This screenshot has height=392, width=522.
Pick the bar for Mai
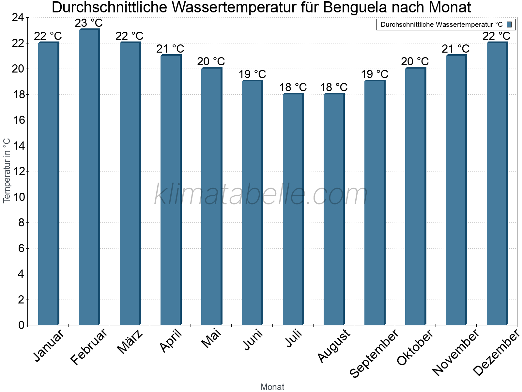click(x=211, y=196)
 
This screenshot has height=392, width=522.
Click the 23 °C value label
click(x=89, y=23)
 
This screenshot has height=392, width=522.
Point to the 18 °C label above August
click(x=334, y=87)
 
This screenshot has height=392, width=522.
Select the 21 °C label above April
click(x=170, y=49)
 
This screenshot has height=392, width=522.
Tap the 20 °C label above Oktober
click(x=415, y=61)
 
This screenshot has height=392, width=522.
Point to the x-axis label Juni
click(x=253, y=340)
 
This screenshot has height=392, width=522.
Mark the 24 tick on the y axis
click(x=18, y=18)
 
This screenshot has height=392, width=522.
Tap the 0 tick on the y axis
click(x=22, y=325)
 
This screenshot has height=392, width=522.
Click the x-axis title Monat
click(x=272, y=387)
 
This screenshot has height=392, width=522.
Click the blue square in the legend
click(x=509, y=24)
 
